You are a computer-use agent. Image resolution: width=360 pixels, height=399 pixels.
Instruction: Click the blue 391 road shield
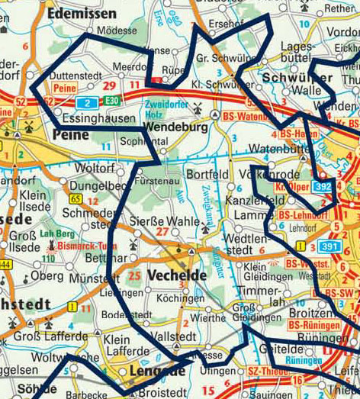coord(329,246)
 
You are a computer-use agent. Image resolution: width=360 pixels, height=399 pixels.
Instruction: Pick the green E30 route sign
coord(112,101)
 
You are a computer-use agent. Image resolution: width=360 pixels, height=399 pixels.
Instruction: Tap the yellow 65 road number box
coord(75,198)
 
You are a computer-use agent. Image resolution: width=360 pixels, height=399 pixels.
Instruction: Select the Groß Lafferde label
coord(48,333)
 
